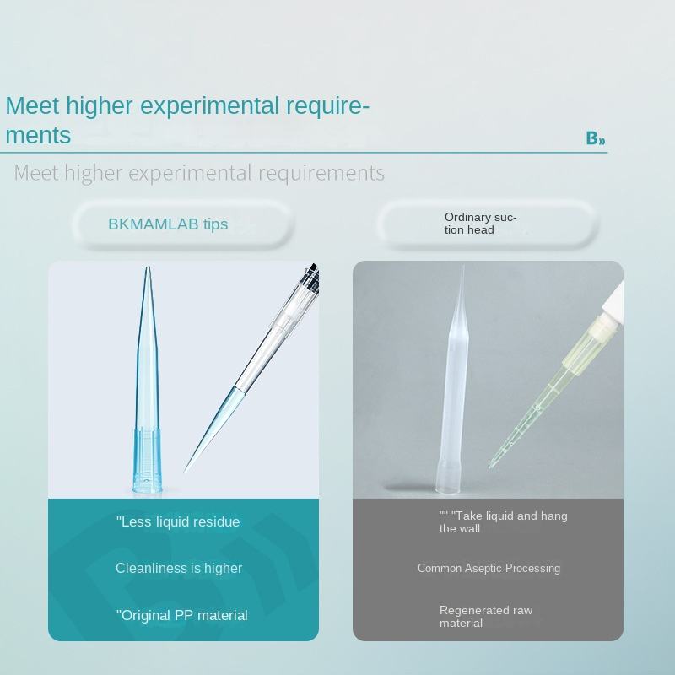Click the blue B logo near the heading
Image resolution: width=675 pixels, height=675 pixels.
[596, 138]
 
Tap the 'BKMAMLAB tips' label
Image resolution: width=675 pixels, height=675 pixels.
[168, 224]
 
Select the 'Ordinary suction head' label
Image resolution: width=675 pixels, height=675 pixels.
[480, 224]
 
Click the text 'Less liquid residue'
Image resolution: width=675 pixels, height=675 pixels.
[178, 521]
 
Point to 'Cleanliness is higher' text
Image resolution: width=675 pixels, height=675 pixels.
[179, 568]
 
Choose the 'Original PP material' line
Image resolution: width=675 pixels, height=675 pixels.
[181, 616]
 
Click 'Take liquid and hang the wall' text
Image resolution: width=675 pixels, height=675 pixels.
[503, 522]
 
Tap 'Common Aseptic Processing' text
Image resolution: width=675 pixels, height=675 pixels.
[489, 568]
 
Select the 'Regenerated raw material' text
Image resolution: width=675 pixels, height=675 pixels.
[486, 617]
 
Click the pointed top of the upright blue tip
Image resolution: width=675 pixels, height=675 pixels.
[147, 267]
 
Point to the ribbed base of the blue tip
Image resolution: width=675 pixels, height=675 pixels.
[147, 460]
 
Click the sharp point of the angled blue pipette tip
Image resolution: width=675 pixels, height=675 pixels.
[186, 470]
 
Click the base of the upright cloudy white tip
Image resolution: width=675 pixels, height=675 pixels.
[449, 478]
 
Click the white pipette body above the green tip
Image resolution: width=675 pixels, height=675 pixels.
[613, 301]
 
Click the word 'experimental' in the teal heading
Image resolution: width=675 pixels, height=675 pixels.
[209, 105]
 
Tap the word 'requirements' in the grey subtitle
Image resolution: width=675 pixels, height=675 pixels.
[321, 173]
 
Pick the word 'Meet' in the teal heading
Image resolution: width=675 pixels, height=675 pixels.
[32, 105]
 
